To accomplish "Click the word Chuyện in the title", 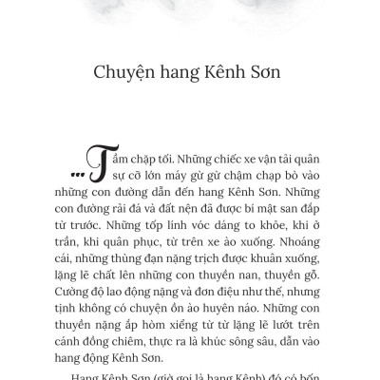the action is coord(129,73).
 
